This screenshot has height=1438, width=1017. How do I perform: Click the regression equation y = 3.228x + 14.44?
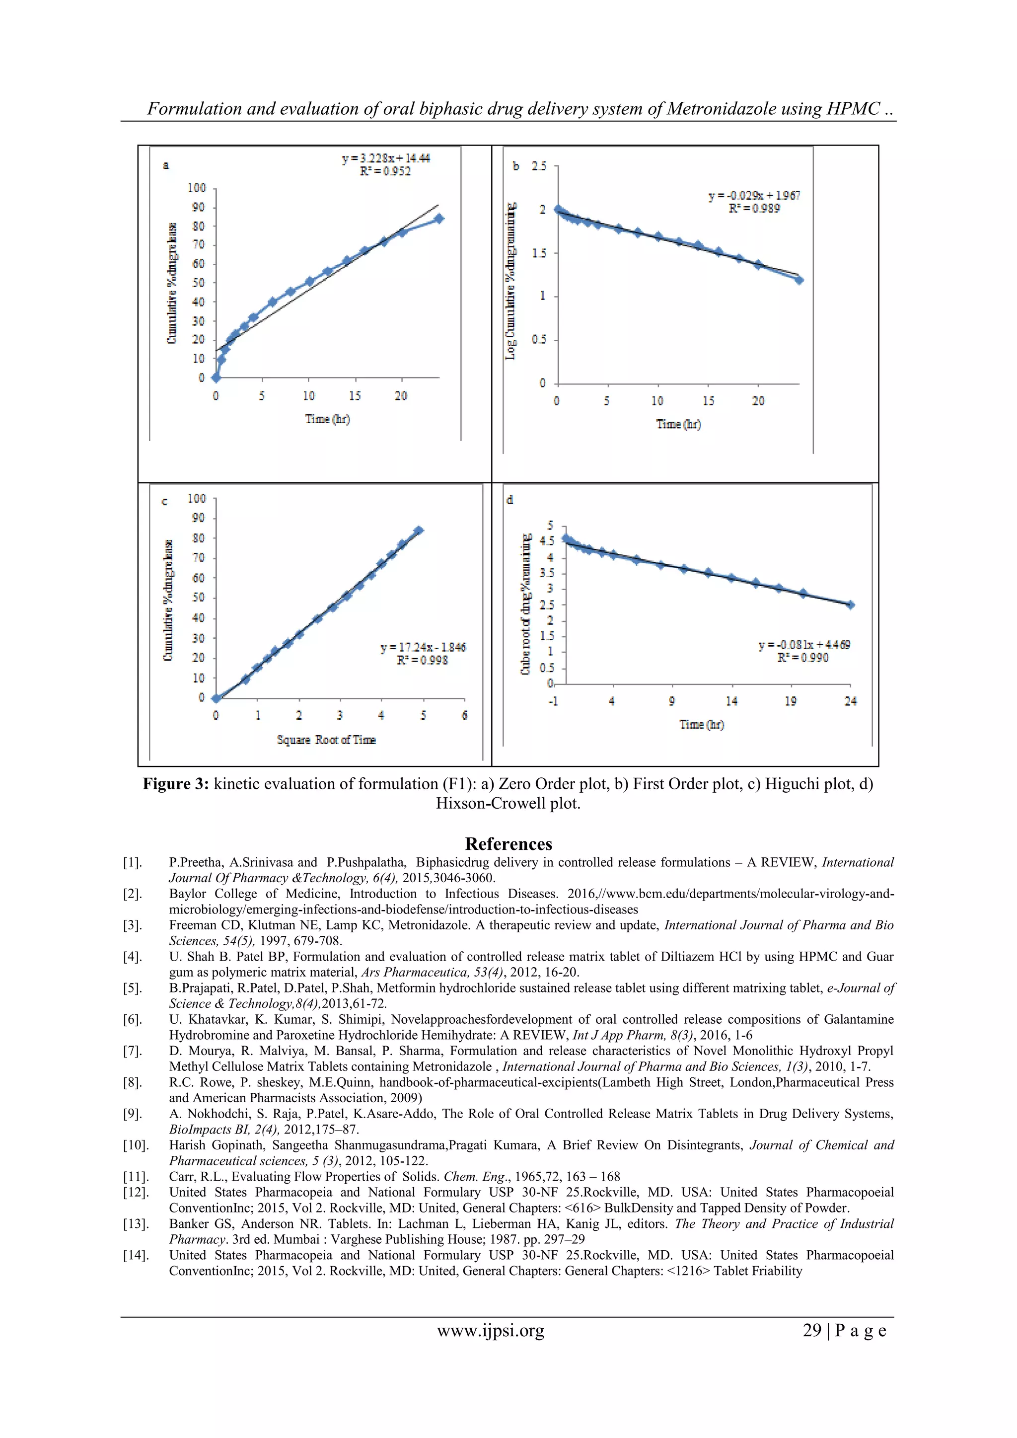point(386,158)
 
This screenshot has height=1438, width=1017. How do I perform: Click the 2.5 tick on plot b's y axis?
point(539,166)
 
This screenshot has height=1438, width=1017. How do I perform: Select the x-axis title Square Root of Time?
point(326,740)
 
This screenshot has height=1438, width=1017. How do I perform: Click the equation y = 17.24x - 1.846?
point(423,647)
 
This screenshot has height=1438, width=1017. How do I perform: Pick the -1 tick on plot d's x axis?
point(553,701)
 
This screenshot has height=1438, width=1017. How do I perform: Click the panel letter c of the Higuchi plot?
point(165,501)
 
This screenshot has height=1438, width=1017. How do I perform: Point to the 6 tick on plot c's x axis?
point(464,715)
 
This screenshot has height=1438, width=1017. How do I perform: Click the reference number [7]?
point(132,1051)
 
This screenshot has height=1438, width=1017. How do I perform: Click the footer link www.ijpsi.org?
point(490,1330)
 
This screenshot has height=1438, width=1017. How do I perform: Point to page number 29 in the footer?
point(811,1330)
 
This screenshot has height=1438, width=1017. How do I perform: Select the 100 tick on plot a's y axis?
point(197,188)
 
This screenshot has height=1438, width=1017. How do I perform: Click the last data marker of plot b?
point(799,280)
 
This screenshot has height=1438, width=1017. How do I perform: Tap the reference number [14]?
point(135,1255)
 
